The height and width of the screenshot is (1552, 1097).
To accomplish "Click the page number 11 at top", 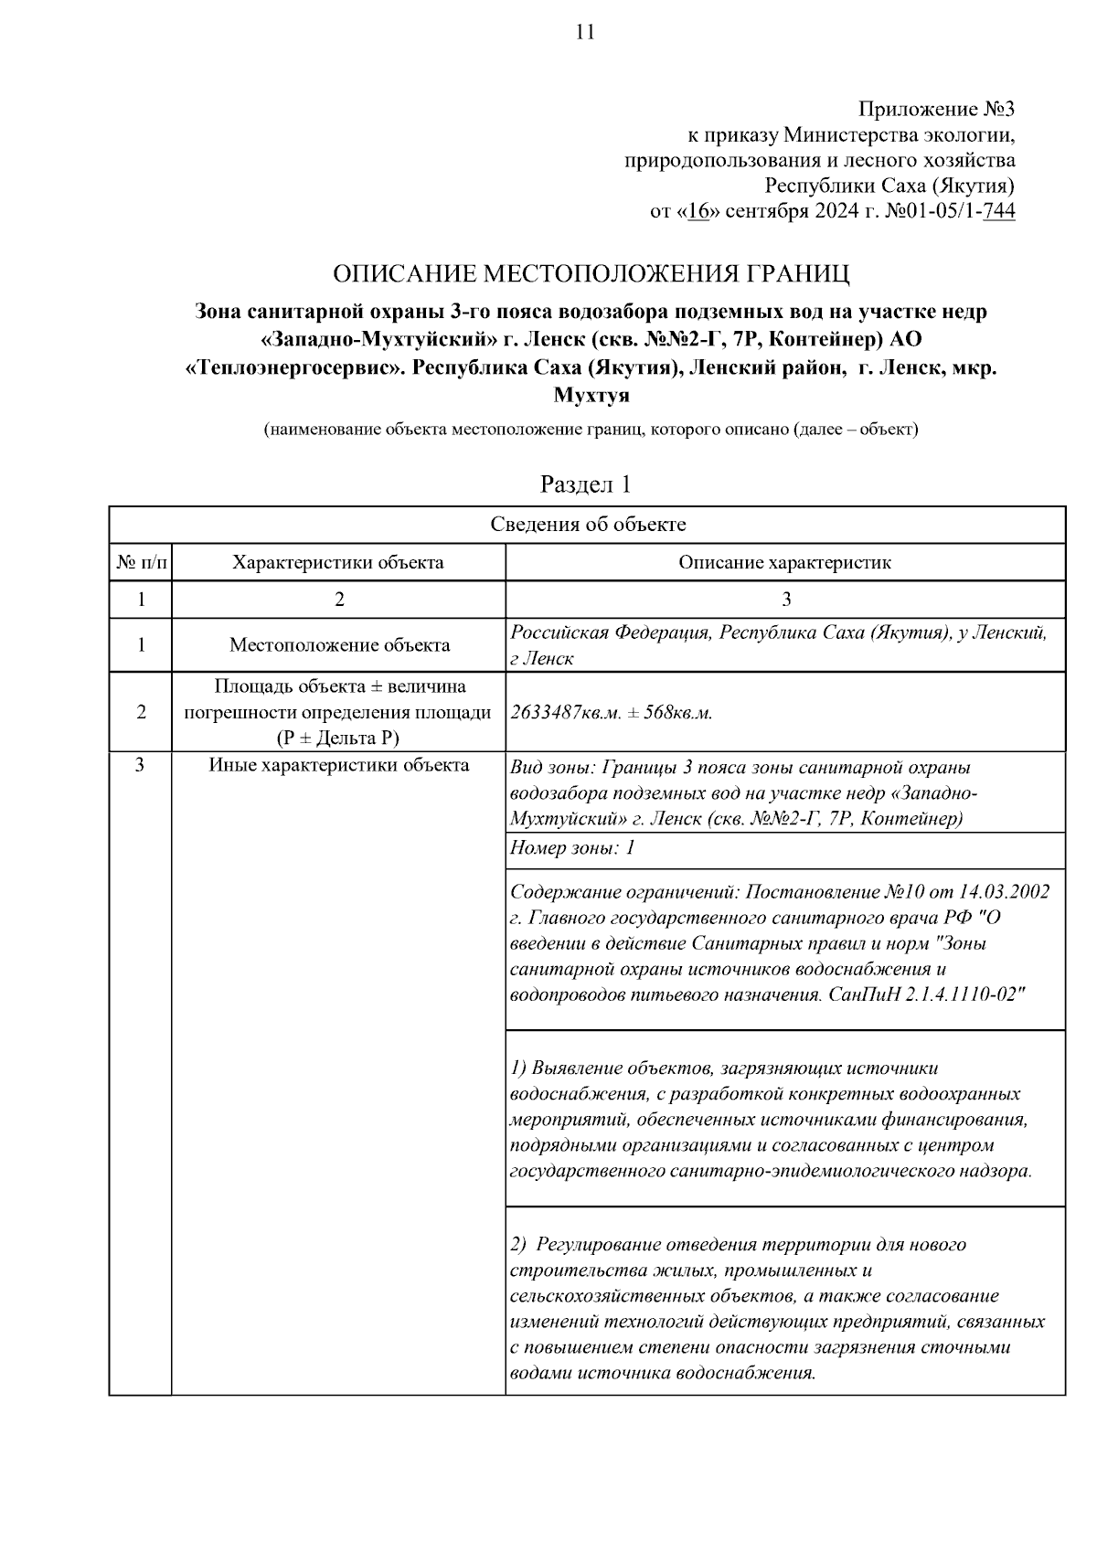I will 585,33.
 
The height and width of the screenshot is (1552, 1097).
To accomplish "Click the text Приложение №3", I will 936,110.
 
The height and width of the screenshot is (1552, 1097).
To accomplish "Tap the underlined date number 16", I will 699,212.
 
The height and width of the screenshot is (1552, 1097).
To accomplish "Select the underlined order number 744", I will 998,212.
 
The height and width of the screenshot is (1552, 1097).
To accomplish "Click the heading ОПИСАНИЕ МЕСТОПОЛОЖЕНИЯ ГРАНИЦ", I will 591,273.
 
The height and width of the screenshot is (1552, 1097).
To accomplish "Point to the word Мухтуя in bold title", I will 591,397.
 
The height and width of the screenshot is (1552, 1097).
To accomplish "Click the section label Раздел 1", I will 585,484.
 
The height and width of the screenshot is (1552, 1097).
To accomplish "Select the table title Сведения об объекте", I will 588,525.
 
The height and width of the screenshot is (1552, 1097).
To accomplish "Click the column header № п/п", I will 141,562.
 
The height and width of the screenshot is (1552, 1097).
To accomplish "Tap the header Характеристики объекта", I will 338,562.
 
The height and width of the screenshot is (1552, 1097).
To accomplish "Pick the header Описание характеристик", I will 784,562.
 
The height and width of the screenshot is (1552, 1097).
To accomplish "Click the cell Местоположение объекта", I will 339,645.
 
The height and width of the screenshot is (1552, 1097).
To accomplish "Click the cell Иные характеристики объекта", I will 339,765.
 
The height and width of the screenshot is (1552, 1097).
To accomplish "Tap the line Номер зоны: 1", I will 571,848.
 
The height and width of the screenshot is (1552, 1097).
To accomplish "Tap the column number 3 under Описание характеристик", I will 786,600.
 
